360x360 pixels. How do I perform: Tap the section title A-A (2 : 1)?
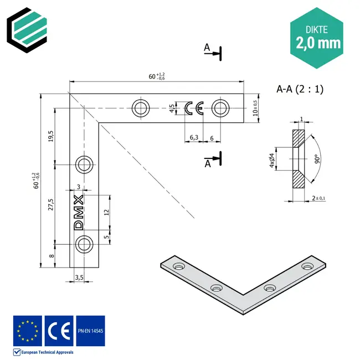point(299,89)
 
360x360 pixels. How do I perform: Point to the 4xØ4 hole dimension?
point(272,161)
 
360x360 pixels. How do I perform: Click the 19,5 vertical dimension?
point(50,136)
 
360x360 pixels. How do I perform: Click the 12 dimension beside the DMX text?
point(106,211)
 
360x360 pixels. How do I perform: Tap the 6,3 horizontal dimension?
point(194,137)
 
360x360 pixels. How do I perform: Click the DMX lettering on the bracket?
point(79,211)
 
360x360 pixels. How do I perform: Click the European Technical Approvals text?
point(47,352)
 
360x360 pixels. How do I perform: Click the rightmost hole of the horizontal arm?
point(220,107)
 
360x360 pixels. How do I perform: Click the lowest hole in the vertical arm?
point(84,243)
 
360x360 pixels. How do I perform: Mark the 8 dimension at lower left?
point(50,256)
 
